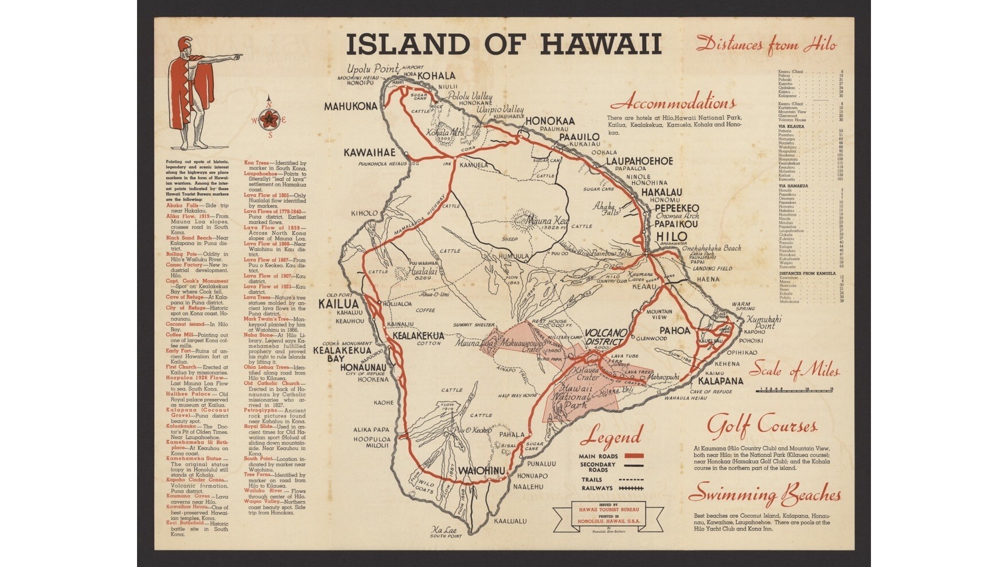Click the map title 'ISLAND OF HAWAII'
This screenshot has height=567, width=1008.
click(503, 44)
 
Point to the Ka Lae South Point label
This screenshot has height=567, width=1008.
click(447, 531)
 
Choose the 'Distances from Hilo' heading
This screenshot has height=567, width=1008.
click(767, 45)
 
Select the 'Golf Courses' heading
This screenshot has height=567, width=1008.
click(761, 426)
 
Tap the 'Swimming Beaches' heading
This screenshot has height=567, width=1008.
click(765, 495)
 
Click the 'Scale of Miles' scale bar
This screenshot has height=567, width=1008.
click(795, 390)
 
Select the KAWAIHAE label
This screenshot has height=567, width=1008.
click(370, 152)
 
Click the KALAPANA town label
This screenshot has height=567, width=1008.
click(720, 381)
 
